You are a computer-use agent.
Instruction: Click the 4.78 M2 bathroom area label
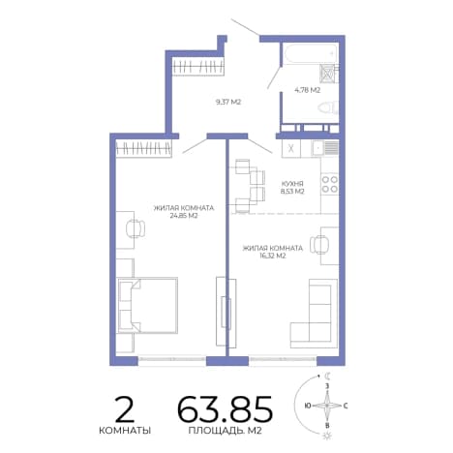pyautogui.click(x=307, y=90)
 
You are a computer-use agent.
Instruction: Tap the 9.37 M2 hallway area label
pyautogui.click(x=228, y=103)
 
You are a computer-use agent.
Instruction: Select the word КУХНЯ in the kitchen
pyautogui.click(x=292, y=184)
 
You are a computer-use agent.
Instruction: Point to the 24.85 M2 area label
pyautogui.click(x=184, y=216)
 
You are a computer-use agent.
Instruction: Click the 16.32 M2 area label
pyautogui.click(x=273, y=257)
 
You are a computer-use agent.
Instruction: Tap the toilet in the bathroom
pyautogui.click(x=328, y=107)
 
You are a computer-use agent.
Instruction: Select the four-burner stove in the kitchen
pyautogui.click(x=329, y=184)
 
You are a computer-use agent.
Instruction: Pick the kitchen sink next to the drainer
pyautogui.click(x=317, y=148)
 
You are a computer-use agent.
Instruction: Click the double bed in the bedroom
pyautogui.click(x=148, y=305)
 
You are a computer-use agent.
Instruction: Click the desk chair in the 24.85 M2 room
pyautogui.click(x=135, y=228)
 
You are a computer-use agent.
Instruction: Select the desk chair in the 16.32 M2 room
pyautogui.click(x=319, y=245)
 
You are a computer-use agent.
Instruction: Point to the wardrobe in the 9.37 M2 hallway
pyautogui.click(x=197, y=67)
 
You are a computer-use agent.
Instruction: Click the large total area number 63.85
pyautogui.click(x=226, y=409)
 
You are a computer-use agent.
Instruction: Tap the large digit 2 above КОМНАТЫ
pyautogui.click(x=125, y=409)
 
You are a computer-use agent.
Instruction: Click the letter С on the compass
pyautogui.click(x=346, y=406)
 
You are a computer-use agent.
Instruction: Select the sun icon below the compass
pyautogui.click(x=327, y=435)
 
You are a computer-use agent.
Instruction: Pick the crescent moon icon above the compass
pyautogui.click(x=327, y=376)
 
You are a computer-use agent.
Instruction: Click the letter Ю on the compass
pyautogui.click(x=308, y=406)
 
